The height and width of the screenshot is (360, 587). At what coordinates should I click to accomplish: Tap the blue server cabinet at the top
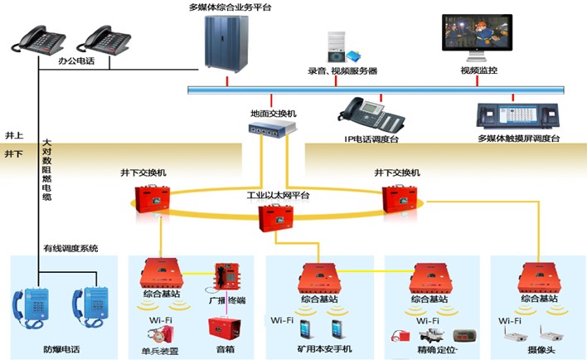[226, 43]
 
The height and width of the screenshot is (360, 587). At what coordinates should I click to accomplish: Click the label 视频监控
[478, 71]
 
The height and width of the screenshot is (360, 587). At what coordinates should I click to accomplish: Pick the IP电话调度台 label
[371, 139]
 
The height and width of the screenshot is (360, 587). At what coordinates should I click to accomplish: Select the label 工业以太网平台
[276, 195]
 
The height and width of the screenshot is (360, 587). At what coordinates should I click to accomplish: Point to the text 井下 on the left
[14, 154]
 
